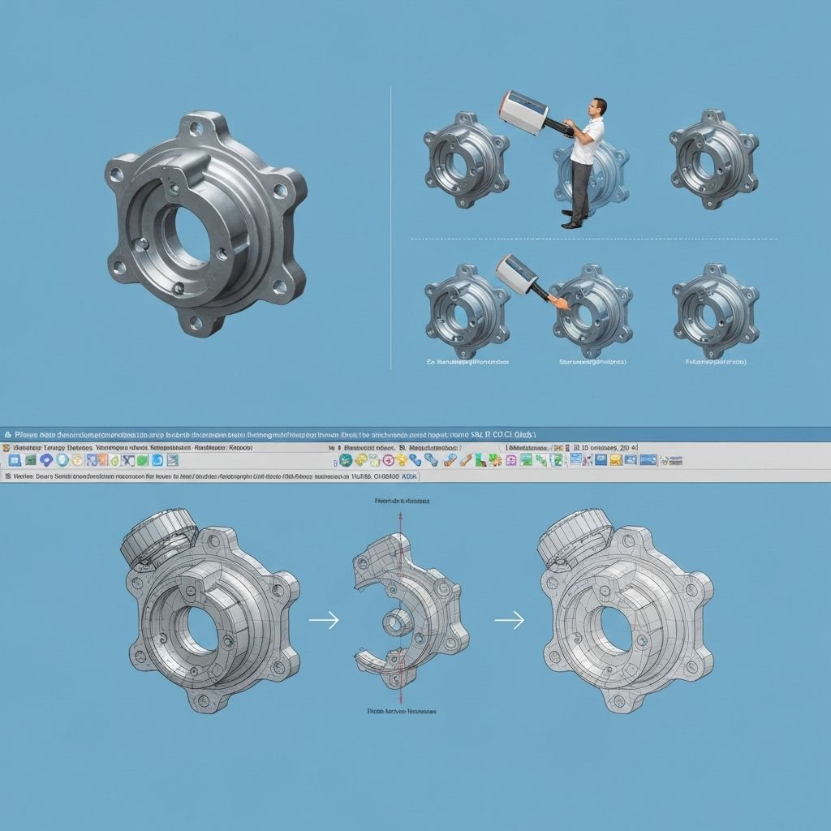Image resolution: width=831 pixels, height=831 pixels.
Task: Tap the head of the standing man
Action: (x=597, y=107)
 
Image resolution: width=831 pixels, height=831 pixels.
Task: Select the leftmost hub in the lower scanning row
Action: (x=466, y=311)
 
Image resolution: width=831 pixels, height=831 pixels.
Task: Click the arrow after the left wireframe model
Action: (x=323, y=620)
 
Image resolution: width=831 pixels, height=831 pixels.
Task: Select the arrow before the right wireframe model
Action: (x=510, y=620)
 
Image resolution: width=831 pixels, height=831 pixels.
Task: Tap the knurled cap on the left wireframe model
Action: (x=157, y=536)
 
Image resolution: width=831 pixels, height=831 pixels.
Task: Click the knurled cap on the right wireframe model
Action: (x=575, y=536)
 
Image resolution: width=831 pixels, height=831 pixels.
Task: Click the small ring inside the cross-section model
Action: (x=396, y=624)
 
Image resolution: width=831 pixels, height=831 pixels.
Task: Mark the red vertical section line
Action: (x=399, y=568)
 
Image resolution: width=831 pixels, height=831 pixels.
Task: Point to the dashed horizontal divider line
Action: (x=592, y=239)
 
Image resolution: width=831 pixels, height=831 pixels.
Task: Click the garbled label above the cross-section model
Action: (x=400, y=502)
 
